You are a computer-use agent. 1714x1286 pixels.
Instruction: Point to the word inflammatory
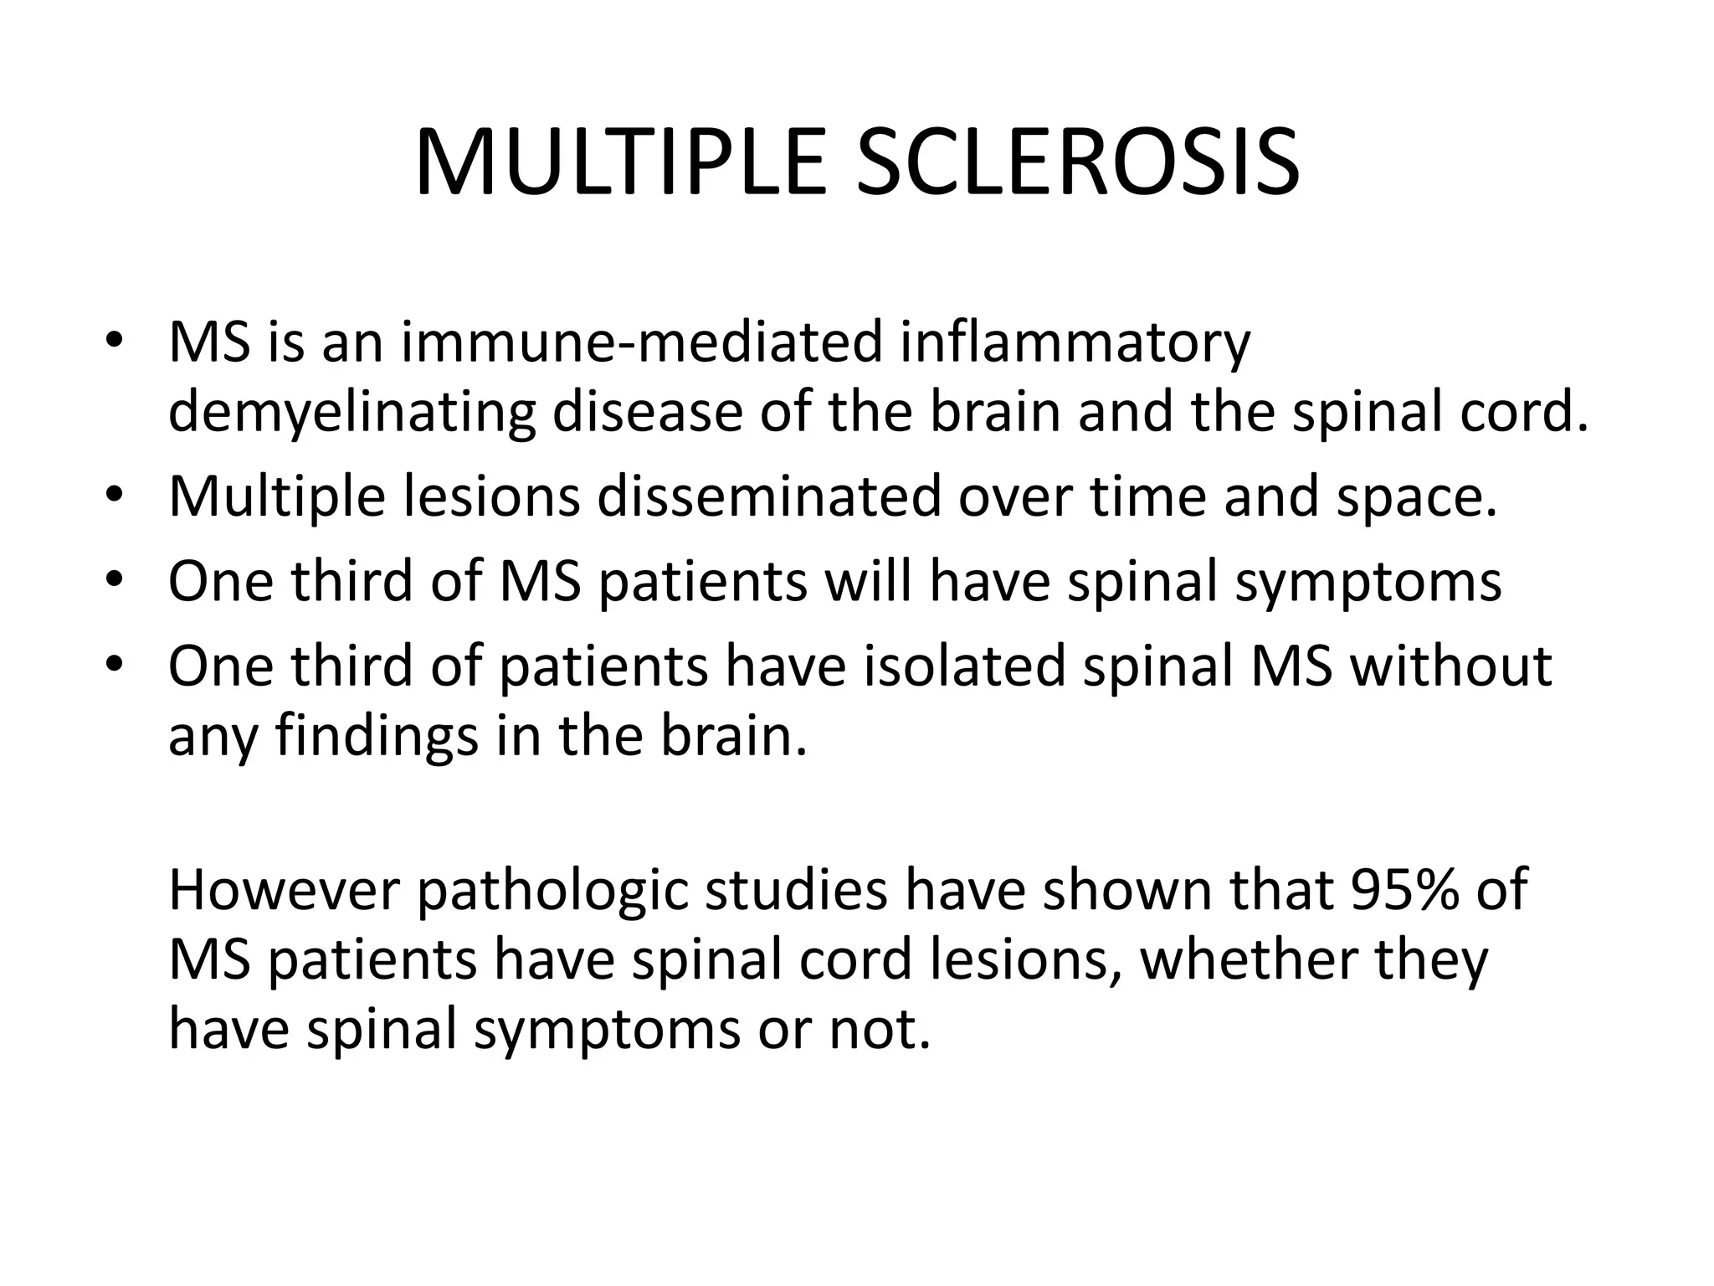1075,343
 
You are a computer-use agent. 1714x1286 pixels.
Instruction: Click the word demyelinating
352,414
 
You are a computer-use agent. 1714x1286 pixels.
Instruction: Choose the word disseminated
769,496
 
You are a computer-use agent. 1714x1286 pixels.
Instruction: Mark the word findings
377,737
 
